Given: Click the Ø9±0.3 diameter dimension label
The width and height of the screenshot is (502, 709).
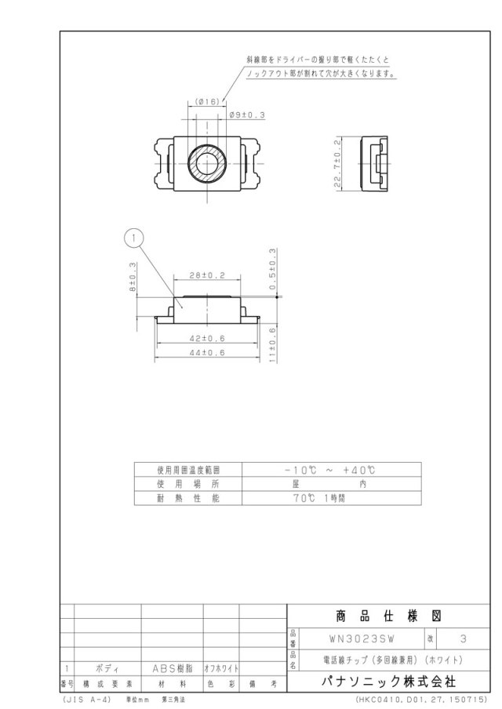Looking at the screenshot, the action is (247, 115).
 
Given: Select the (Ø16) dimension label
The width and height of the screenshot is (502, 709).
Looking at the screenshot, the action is (208, 102).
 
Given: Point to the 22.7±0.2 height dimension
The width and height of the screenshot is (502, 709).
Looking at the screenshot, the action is (337, 163).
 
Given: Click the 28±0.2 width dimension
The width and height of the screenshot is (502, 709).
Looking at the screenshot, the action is (206, 275).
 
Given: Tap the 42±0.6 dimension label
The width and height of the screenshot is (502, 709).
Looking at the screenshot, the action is (206, 338).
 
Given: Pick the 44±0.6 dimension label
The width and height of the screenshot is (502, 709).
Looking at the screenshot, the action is (206, 352).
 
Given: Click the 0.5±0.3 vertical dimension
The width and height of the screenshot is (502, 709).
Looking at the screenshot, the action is (273, 269).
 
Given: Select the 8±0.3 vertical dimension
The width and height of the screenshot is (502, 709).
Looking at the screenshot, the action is (133, 277).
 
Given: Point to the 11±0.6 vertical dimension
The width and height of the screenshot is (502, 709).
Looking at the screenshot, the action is (273, 345).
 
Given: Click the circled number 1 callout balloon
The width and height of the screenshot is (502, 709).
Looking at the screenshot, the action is (133, 238).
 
